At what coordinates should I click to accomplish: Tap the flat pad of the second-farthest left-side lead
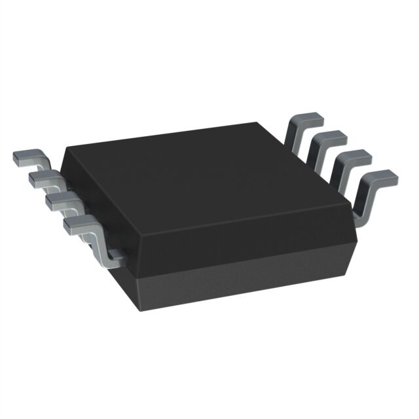(x=41, y=177)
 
